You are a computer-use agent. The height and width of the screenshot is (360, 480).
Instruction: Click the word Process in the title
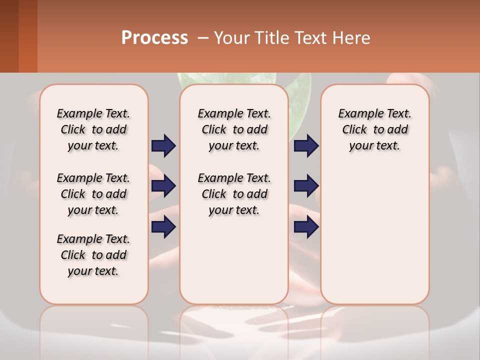click(154, 38)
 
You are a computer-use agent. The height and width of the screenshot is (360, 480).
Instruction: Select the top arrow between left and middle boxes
click(163, 145)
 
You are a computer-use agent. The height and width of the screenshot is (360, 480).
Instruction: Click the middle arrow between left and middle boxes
click(163, 186)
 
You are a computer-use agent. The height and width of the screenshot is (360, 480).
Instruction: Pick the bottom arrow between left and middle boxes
click(163, 227)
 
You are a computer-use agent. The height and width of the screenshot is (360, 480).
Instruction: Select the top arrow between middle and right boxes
click(306, 145)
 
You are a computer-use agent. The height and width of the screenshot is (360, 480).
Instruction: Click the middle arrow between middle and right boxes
click(306, 186)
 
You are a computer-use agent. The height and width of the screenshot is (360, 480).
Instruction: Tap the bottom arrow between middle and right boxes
click(306, 227)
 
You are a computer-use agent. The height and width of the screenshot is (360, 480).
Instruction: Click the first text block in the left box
click(93, 129)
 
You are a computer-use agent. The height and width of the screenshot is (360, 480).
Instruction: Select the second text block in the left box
click(93, 194)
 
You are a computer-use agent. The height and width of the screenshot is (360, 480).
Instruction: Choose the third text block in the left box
click(93, 255)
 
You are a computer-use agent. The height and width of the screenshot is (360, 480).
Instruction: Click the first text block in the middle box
click(234, 129)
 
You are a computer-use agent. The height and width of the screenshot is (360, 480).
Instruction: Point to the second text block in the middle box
click(234, 194)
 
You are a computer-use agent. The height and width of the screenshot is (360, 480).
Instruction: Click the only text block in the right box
click(374, 129)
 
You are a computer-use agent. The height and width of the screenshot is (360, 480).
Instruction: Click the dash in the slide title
click(203, 38)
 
